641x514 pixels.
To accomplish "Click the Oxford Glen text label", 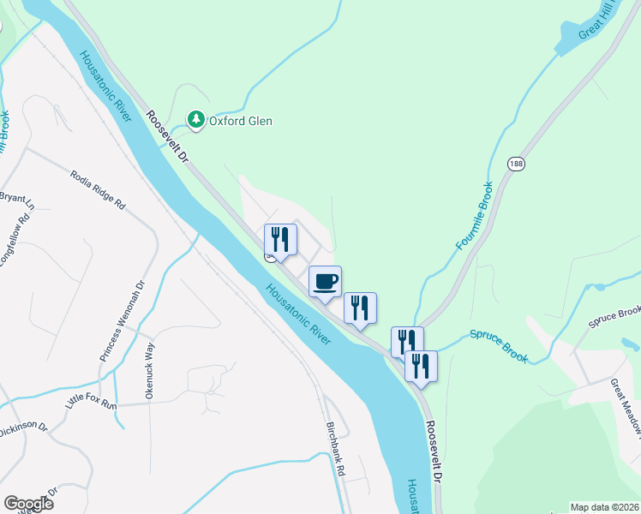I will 243,121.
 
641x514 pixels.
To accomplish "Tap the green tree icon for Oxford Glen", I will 197,120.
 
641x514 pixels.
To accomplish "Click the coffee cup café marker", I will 325,282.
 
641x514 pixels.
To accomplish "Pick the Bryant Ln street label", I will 15,199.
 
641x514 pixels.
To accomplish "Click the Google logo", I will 28,504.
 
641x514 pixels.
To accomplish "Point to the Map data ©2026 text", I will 604,507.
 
